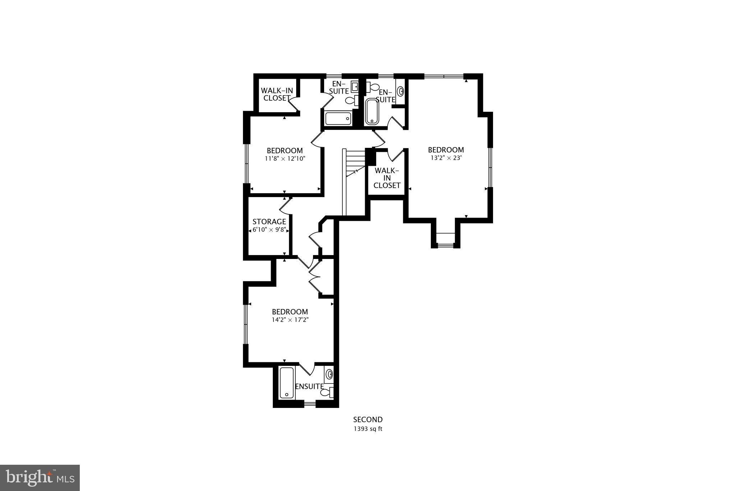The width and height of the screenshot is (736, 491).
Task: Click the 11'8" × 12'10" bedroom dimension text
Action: coord(285,159)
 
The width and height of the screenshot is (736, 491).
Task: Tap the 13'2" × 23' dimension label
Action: coord(446,158)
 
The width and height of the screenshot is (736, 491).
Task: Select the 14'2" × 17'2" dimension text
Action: coord(290,319)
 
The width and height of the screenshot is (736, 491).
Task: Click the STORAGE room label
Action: coord(269,222)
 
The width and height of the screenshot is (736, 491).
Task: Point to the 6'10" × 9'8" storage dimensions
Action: coord(269,230)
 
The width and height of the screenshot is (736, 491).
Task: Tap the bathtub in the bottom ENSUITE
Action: coord(287,383)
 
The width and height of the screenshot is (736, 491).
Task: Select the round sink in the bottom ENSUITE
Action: coord(329,375)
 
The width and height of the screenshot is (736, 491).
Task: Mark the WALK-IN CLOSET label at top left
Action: coord(276,94)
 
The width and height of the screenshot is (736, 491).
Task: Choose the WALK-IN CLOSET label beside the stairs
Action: coord(387,178)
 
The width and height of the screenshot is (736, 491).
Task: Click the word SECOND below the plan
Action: coord(368,420)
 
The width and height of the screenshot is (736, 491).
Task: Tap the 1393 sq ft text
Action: coord(368,429)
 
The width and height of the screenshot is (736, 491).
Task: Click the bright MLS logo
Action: coord(40,478)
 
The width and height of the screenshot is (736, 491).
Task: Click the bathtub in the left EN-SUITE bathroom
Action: coord(338,118)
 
